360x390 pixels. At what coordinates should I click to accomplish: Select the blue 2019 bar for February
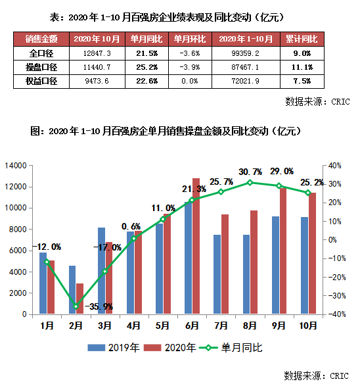[x=72, y=290]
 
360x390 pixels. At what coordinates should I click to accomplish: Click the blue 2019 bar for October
[x=305, y=266]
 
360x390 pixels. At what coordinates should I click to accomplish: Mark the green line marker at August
[x=250, y=182]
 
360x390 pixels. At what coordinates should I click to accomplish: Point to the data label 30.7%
[x=250, y=172]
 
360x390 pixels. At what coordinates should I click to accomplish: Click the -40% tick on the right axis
[x=336, y=314]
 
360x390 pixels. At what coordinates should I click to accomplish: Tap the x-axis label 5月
[x=163, y=324]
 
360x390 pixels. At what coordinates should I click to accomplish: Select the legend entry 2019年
[x=113, y=347]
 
